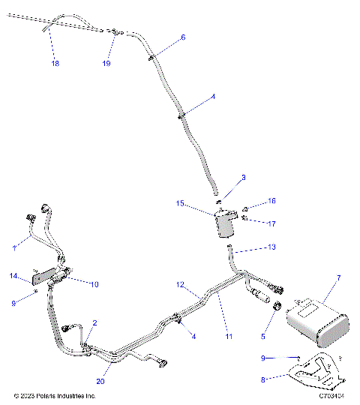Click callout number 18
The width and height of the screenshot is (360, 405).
click(55, 64)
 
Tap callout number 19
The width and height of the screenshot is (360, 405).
click(106, 64)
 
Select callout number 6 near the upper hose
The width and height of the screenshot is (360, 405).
click(183, 37)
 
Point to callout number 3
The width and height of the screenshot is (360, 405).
click(222, 178)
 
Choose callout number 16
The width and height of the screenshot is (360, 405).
click(272, 201)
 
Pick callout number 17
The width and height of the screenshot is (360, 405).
click(272, 223)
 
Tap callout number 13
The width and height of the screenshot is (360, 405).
click(271, 247)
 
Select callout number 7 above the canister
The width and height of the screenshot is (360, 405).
click(338, 278)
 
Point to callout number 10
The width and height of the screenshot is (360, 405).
click(94, 284)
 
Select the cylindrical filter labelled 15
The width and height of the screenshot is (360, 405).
click(223, 223)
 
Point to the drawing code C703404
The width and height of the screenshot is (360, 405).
click(331, 395)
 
